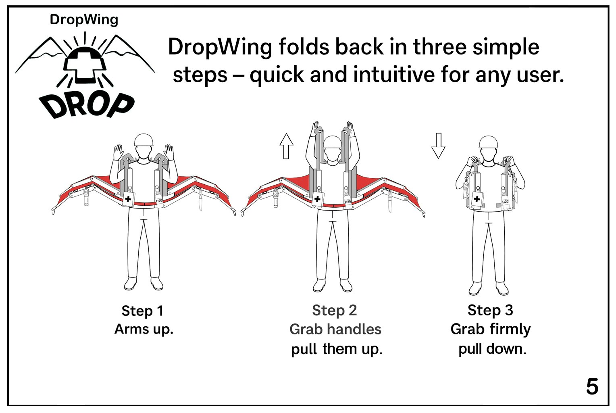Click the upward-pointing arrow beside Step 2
pos(286,146)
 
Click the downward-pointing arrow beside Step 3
pos(438,146)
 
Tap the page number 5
pos(592,387)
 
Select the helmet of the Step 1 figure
pos(144,140)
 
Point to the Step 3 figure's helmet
pos(488,142)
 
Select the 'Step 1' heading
pos(142,311)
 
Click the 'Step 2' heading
pos(334,310)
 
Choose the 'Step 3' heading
pos(490,310)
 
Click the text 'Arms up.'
pos(144,329)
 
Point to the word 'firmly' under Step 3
pos(510,330)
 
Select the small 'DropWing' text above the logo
pos(84,20)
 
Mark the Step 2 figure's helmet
pos(333,142)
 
